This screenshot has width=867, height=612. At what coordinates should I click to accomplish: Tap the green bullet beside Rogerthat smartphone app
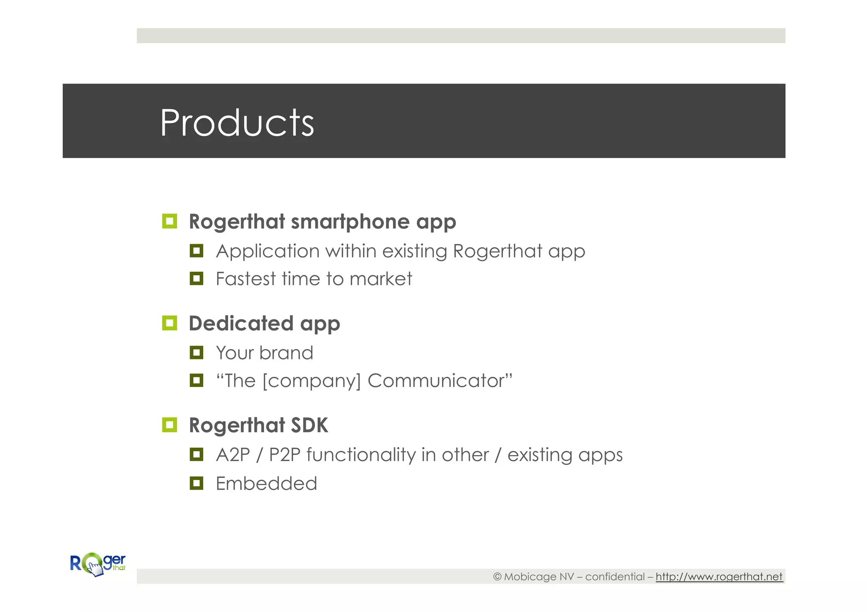169,221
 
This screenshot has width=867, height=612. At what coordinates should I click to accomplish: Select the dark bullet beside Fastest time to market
196,278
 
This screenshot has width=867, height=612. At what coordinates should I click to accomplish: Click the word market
381,279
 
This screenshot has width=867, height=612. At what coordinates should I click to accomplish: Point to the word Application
268,252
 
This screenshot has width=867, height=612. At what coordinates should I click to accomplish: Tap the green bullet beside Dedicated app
169,323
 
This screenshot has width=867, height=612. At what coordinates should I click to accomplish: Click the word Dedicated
241,324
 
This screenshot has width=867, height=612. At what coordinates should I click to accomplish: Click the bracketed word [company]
312,381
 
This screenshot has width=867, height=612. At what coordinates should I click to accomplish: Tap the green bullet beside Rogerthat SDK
169,425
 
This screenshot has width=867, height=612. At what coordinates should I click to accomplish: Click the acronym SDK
309,425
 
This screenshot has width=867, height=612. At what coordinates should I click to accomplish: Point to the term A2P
233,455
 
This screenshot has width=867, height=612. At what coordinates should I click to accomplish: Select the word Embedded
266,483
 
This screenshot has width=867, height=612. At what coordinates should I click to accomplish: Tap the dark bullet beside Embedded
196,483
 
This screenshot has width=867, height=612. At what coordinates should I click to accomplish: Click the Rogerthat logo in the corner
98,564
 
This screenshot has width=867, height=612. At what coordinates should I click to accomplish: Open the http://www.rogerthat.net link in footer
719,577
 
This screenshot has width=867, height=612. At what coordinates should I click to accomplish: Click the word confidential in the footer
615,577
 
